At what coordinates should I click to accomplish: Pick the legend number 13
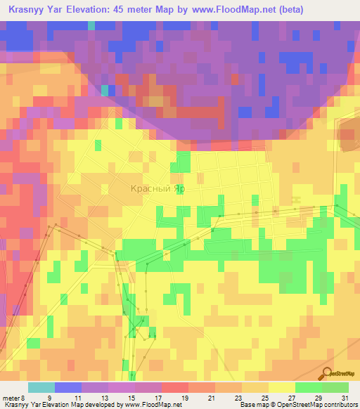click(x=103, y=398)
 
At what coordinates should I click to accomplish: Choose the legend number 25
click(x=264, y=398)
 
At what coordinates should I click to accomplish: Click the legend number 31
click(x=344, y=398)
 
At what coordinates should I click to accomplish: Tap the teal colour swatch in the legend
click(x=41, y=387)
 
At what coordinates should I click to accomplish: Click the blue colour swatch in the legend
click(x=68, y=387)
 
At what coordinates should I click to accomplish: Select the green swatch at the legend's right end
click(x=335, y=387)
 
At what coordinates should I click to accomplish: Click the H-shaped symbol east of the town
click(x=297, y=201)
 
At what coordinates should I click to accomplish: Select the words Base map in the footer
click(x=252, y=405)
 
